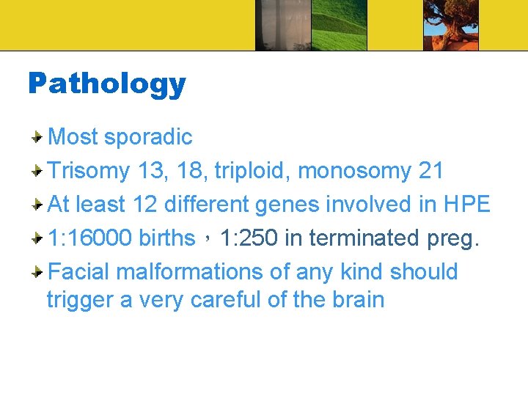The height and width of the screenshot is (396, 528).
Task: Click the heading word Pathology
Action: pos(107,84)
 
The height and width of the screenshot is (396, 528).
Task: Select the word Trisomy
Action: pos(88,171)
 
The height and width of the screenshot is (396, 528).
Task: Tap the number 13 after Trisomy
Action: pos(150,171)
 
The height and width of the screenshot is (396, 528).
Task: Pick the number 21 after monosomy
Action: pos(430,171)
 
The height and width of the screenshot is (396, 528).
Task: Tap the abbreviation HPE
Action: pos(466,205)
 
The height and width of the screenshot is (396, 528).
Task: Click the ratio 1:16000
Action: pos(89,238)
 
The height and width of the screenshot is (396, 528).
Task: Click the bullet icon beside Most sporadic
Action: pos(37,137)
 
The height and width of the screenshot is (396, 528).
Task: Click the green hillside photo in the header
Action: pos(340,25)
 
